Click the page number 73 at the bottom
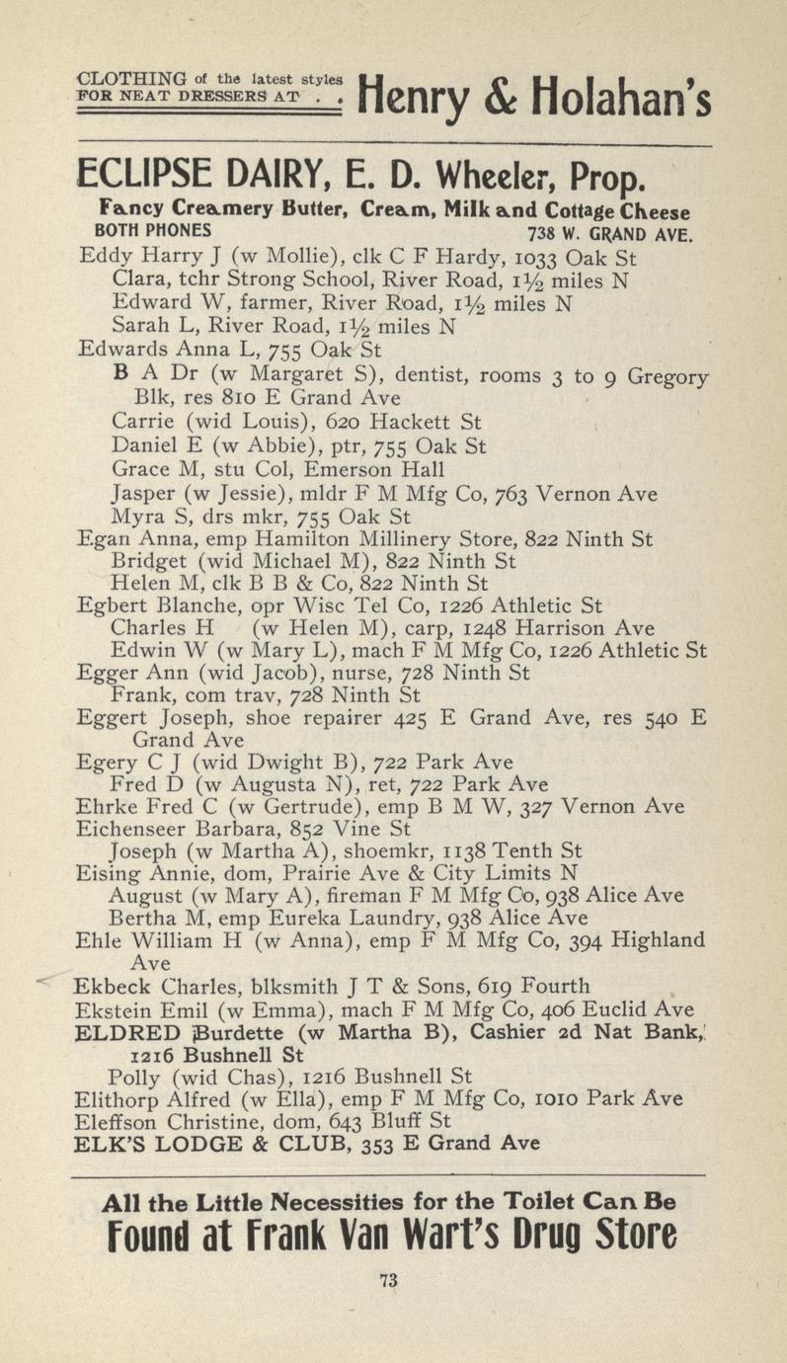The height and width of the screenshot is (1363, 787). pyautogui.click(x=388, y=1281)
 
